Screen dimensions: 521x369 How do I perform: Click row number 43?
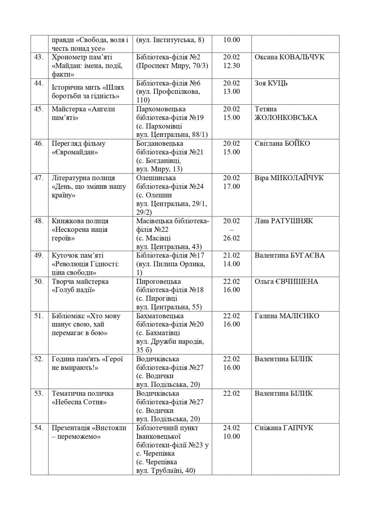click(39, 57)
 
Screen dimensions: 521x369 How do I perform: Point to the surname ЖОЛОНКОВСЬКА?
click(286, 118)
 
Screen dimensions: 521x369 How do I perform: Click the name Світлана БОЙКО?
click(282, 144)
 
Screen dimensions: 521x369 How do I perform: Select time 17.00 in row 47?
click(231, 187)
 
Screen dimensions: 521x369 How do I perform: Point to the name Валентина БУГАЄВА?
click(290, 255)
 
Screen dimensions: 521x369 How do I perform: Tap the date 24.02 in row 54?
click(231, 428)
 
